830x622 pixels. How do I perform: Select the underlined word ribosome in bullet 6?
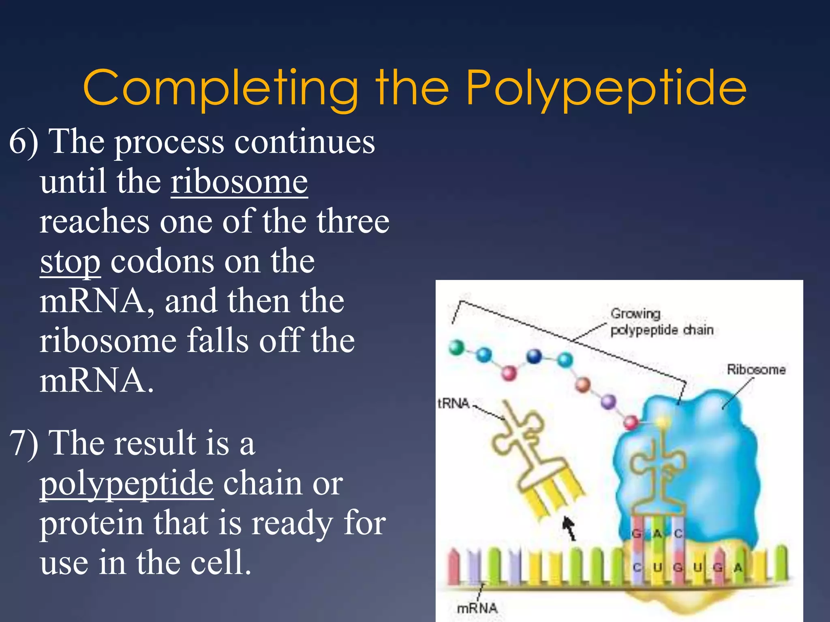(239, 182)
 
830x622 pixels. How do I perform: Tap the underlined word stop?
(70, 262)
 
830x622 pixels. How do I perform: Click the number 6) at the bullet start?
(23, 142)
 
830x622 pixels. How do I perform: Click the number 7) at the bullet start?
(23, 443)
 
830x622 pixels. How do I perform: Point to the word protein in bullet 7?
(92, 523)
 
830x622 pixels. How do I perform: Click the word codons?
(161, 262)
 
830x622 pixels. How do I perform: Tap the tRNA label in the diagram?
(454, 403)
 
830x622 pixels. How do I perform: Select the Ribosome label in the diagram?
(756, 369)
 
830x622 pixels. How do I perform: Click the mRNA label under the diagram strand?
(477, 608)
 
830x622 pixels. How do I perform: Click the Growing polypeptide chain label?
(661, 322)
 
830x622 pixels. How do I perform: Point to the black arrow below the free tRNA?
(569, 529)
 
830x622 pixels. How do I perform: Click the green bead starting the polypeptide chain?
(457, 347)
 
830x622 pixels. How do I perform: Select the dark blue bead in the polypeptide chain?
(534, 356)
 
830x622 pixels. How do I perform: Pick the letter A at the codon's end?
(738, 568)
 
